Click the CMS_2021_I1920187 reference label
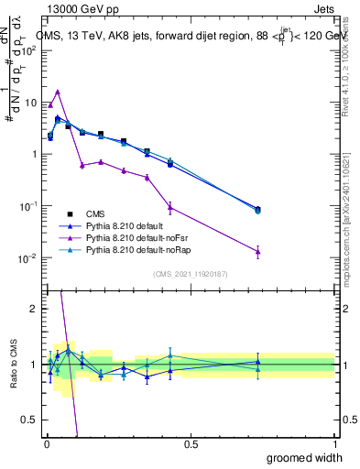click(x=190, y=273)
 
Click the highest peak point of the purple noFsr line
click(x=58, y=92)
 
